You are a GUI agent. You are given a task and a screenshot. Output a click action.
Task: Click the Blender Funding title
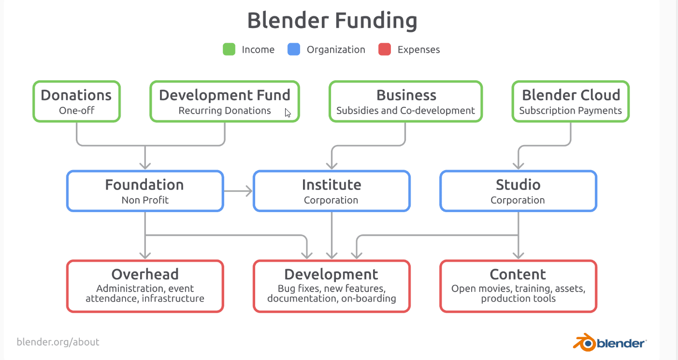click(x=332, y=21)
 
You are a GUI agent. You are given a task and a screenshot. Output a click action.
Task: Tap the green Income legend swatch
click(x=229, y=49)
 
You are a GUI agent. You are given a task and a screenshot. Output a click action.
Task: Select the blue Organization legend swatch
click(x=294, y=49)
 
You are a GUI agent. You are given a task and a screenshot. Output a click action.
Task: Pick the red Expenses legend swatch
click(x=385, y=49)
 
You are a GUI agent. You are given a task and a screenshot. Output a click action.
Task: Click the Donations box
click(x=76, y=101)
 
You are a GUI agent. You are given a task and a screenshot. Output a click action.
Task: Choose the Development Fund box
click(x=225, y=101)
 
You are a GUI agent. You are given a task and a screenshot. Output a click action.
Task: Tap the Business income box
click(x=405, y=101)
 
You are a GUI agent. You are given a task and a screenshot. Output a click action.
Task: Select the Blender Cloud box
click(x=570, y=101)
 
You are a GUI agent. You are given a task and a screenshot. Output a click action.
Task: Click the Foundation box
click(x=145, y=191)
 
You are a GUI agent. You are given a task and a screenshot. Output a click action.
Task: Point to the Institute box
click(x=332, y=191)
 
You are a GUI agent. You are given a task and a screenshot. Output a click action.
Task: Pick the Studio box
click(x=518, y=191)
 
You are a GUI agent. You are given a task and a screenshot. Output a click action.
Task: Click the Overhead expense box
click(x=145, y=287)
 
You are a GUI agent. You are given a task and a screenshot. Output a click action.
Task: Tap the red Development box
click(x=332, y=287)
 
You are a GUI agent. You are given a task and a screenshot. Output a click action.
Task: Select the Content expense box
click(x=518, y=287)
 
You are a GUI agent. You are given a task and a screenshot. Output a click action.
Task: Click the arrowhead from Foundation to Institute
click(x=249, y=191)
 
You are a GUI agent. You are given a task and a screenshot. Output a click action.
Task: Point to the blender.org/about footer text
click(x=58, y=342)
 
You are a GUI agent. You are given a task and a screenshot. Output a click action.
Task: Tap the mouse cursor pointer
click(x=288, y=113)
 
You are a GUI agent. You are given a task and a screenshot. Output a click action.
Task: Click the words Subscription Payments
click(x=570, y=111)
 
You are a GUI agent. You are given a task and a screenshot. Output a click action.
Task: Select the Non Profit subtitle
click(x=145, y=200)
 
